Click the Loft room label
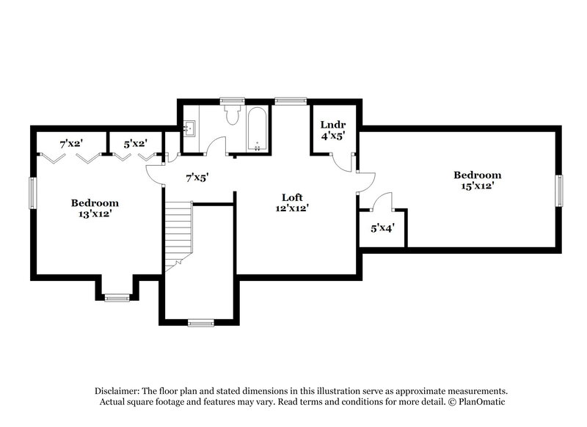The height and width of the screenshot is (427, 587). (x=293, y=197)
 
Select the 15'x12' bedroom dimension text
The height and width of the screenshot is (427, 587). (x=477, y=186)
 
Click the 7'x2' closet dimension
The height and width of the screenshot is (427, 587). (x=71, y=144)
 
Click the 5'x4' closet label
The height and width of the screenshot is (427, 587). (x=382, y=228)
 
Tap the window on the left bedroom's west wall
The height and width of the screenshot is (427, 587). (x=32, y=193)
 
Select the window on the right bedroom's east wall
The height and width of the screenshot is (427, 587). (x=558, y=190)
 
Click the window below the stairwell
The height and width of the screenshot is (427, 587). (x=200, y=321)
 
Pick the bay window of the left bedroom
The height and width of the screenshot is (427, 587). (x=116, y=297)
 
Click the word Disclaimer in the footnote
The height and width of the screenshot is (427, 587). (x=119, y=391)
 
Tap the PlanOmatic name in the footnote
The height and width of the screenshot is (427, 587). (x=481, y=402)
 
